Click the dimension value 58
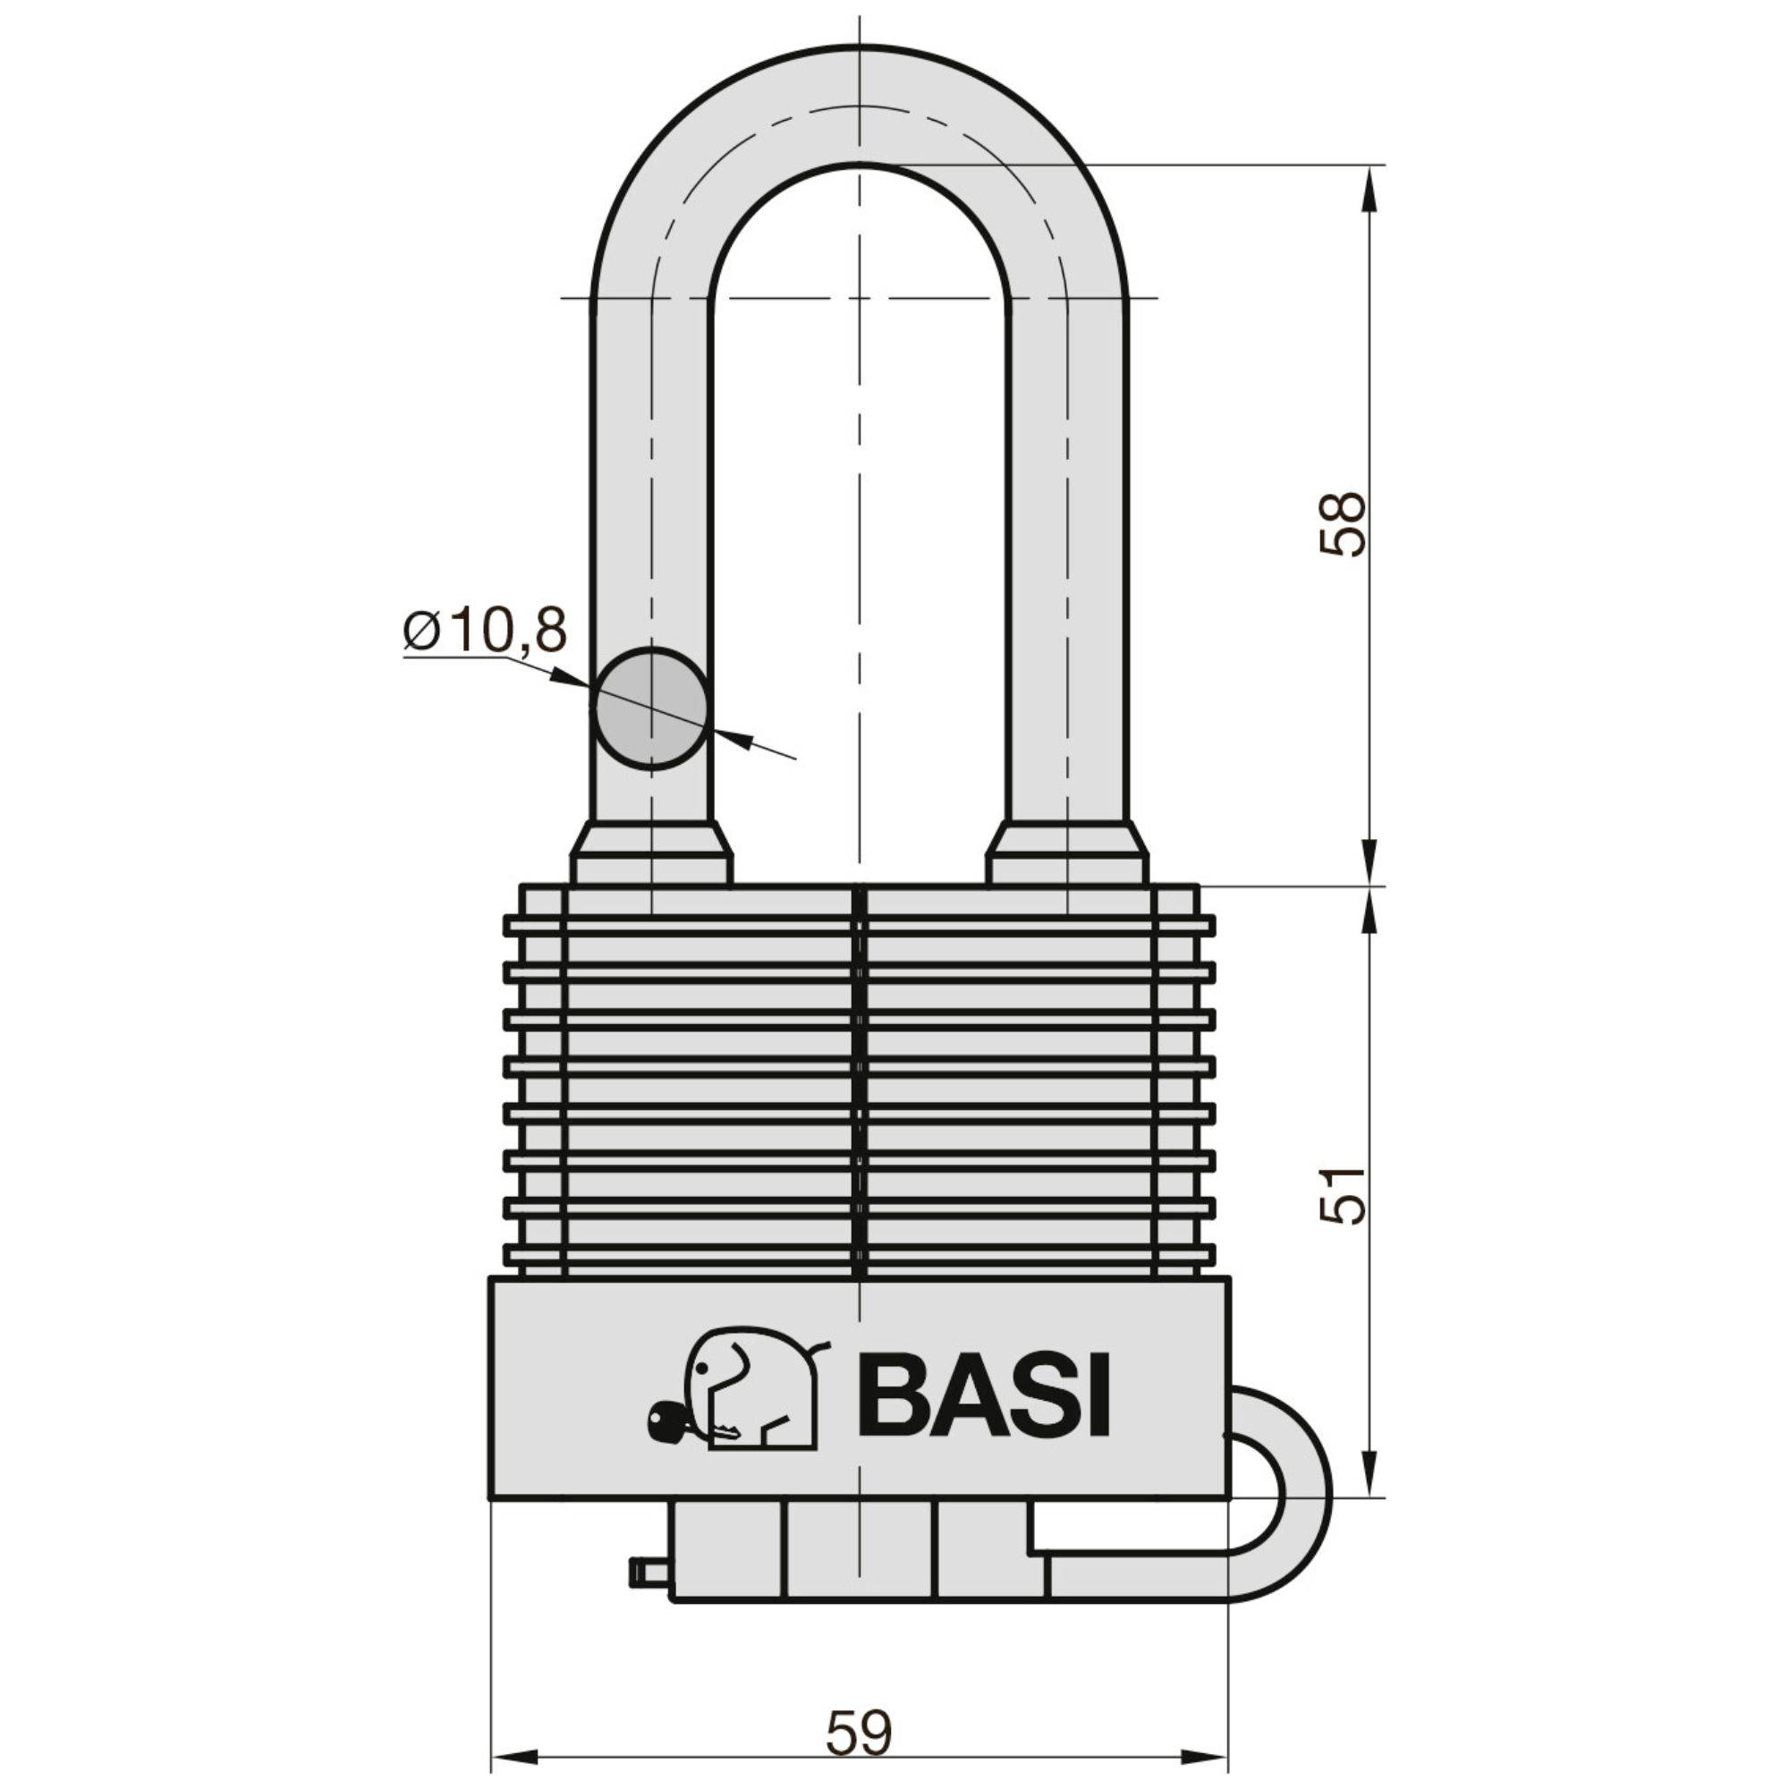[x=1341, y=523]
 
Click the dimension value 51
[x=1341, y=1195]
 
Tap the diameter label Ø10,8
[x=484, y=632]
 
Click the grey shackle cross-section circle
[x=652, y=708]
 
